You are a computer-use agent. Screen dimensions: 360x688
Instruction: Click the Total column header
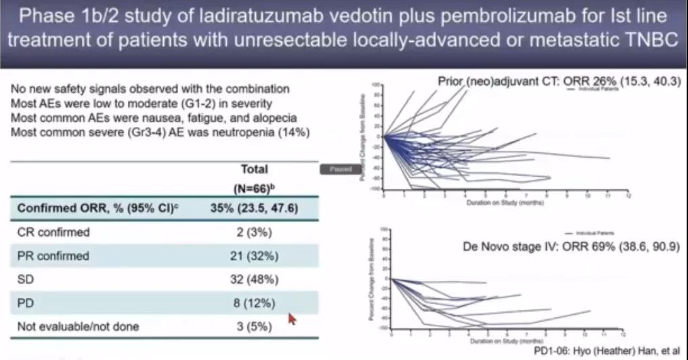click(x=254, y=168)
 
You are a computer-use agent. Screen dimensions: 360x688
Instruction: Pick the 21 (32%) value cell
click(x=254, y=256)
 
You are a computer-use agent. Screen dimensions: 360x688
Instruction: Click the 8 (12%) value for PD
click(x=254, y=303)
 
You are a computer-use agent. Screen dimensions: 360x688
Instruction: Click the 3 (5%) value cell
click(x=254, y=327)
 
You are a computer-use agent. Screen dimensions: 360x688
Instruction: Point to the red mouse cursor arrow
click(x=292, y=317)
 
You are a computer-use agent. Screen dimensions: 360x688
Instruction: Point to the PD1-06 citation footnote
click(x=604, y=351)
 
